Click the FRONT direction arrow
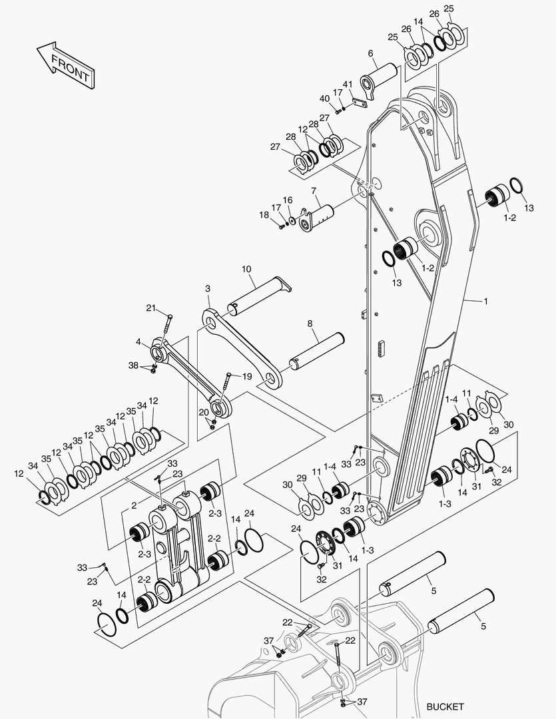click(x=66, y=65)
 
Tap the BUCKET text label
click(x=445, y=706)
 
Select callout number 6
click(x=370, y=53)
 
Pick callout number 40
click(x=324, y=99)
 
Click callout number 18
click(x=264, y=214)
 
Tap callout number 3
click(x=208, y=288)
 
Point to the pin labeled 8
click(x=316, y=351)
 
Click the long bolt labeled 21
click(x=166, y=330)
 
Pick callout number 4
click(x=139, y=342)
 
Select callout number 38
click(x=133, y=365)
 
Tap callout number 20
click(x=204, y=412)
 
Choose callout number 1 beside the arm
click(x=486, y=302)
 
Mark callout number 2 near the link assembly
click(x=134, y=505)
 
